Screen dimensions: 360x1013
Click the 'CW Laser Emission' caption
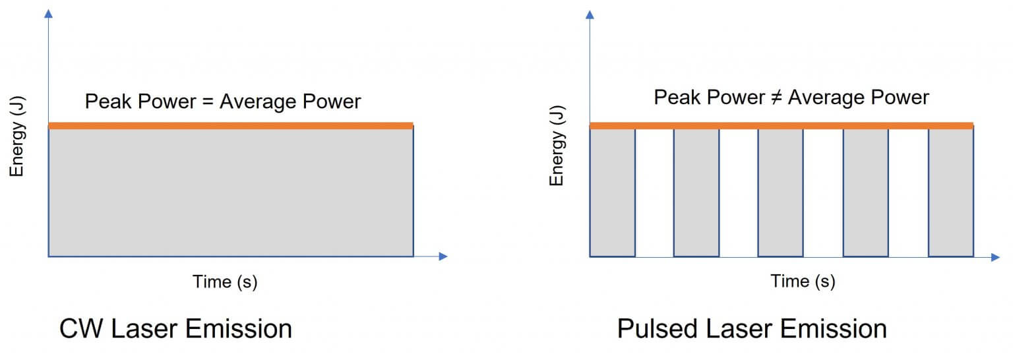coord(175,328)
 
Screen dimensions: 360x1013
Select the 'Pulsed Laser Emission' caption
coord(752,328)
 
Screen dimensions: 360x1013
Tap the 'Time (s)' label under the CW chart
coord(225,282)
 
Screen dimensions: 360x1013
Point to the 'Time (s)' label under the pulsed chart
coord(803,282)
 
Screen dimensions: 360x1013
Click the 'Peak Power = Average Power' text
coord(223,102)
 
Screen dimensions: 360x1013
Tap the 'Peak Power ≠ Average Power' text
coord(791,98)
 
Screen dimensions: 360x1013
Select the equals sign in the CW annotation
coord(207,102)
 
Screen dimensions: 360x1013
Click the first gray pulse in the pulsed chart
coord(612,192)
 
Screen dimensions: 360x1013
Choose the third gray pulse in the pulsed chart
coord(781,192)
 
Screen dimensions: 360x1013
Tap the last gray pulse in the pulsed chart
coord(950,192)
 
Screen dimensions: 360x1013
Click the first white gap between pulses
coord(654,192)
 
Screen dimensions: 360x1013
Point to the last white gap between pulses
coord(908,192)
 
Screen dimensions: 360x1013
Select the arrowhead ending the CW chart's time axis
coord(443,256)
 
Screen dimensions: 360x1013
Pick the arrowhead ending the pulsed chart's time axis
coord(995,256)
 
